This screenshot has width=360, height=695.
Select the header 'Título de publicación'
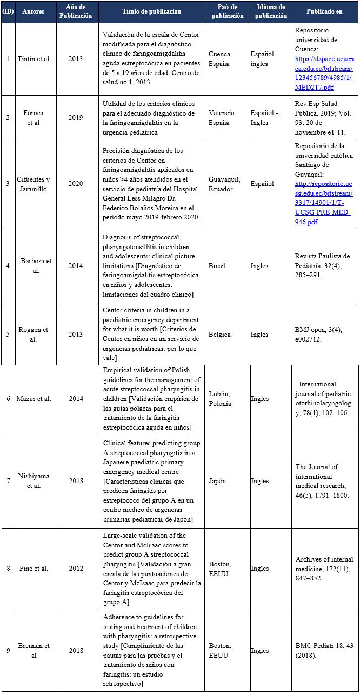(x=151, y=11)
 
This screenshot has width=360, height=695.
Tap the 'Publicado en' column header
(x=324, y=11)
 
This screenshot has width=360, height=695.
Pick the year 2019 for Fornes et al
(x=76, y=117)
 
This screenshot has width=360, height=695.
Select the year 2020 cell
(x=76, y=184)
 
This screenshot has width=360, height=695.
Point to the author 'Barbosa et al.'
(x=35, y=266)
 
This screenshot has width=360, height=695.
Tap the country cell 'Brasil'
(x=217, y=266)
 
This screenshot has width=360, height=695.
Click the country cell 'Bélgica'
(x=219, y=334)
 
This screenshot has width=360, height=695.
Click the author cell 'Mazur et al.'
(x=36, y=399)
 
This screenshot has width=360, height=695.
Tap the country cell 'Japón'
(x=218, y=481)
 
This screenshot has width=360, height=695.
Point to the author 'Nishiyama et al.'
(x=35, y=481)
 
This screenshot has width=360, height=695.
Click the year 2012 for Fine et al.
(x=76, y=569)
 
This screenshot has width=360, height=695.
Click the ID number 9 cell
(x=8, y=651)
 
